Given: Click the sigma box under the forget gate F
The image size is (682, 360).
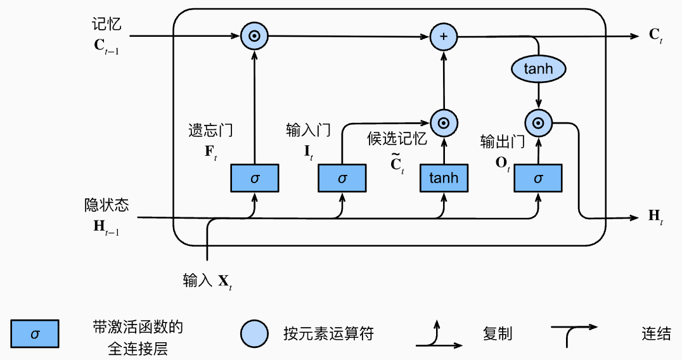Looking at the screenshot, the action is pyautogui.click(x=254, y=178).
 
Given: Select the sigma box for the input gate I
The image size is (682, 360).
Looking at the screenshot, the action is pyautogui.click(x=342, y=178).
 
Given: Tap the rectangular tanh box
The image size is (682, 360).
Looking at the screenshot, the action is pyautogui.click(x=444, y=178).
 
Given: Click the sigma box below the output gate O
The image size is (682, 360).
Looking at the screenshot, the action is pyautogui.click(x=538, y=178).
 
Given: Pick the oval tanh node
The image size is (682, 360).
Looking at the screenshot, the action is pyautogui.click(x=538, y=68).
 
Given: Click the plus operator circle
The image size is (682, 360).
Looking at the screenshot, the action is pyautogui.click(x=444, y=36).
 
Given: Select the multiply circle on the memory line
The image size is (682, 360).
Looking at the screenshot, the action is pyautogui.click(x=254, y=36).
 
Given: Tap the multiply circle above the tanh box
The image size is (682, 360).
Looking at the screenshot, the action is pyautogui.click(x=444, y=123).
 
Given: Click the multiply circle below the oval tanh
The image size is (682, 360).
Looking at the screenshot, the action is pyautogui.click(x=538, y=123).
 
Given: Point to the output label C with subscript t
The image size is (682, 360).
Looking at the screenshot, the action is pyautogui.click(x=655, y=35).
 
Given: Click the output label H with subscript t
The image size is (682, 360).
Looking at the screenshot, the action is pyautogui.click(x=655, y=217).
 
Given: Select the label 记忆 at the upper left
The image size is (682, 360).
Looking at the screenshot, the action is pyautogui.click(x=106, y=24).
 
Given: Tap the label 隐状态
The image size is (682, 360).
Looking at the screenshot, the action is pyautogui.click(x=106, y=205).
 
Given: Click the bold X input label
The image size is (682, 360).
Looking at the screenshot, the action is pyautogui.click(x=224, y=282).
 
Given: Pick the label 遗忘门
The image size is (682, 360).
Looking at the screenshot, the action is pyautogui.click(x=210, y=130).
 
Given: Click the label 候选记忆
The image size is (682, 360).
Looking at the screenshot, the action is pyautogui.click(x=397, y=139).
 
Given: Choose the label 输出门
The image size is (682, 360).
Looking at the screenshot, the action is pyautogui.click(x=503, y=141).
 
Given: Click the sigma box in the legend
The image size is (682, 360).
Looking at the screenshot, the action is pyautogui.click(x=35, y=334).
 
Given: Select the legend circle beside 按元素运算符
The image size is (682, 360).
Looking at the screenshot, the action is pyautogui.click(x=254, y=334).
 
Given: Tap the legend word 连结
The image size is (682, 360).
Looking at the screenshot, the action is pyautogui.click(x=656, y=334).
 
